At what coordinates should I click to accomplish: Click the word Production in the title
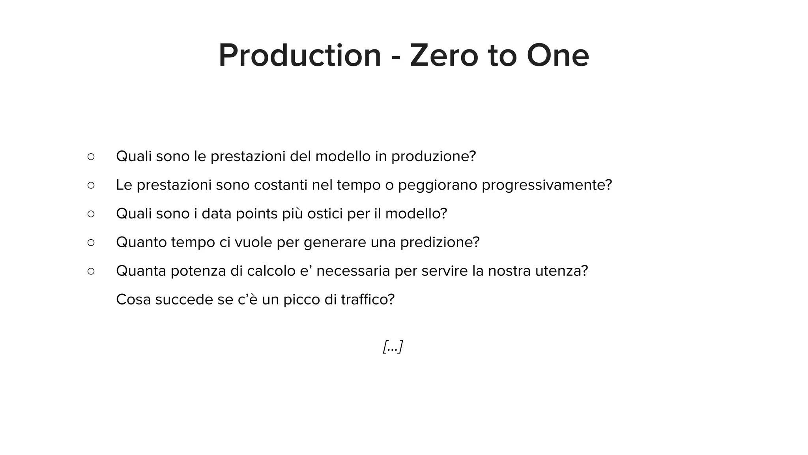(300, 56)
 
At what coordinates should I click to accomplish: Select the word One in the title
(557, 56)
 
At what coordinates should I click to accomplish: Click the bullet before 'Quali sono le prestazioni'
(91, 157)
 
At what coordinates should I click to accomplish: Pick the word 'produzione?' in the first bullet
(434, 157)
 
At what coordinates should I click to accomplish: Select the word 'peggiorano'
(438, 185)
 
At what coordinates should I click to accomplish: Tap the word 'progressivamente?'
(547, 185)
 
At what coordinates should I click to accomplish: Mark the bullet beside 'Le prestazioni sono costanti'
(91, 185)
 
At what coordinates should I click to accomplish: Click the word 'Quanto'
(141, 242)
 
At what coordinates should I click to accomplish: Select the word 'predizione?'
(440, 242)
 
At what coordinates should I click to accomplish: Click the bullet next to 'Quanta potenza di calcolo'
(91, 271)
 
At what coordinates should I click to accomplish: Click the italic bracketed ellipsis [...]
(393, 347)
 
